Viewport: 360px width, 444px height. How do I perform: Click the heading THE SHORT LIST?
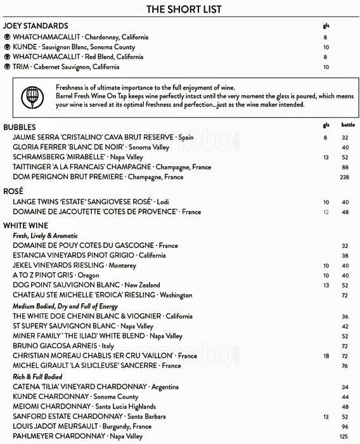coord(184,9)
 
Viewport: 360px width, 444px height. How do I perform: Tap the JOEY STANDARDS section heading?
coord(35,26)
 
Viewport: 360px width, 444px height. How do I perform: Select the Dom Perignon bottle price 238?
coord(345,177)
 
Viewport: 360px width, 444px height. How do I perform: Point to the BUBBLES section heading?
coord(20,127)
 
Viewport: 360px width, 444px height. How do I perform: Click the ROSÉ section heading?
coord(14,191)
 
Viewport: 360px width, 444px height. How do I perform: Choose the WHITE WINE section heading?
coord(25,225)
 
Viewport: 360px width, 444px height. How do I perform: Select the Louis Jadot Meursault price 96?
coord(345,426)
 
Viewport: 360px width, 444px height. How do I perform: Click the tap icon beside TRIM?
coord(7,67)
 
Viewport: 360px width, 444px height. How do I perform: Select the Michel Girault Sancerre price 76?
coord(345,366)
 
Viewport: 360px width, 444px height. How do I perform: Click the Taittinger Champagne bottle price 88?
coord(345,167)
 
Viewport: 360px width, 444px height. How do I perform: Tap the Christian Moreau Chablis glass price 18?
coord(326,356)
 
